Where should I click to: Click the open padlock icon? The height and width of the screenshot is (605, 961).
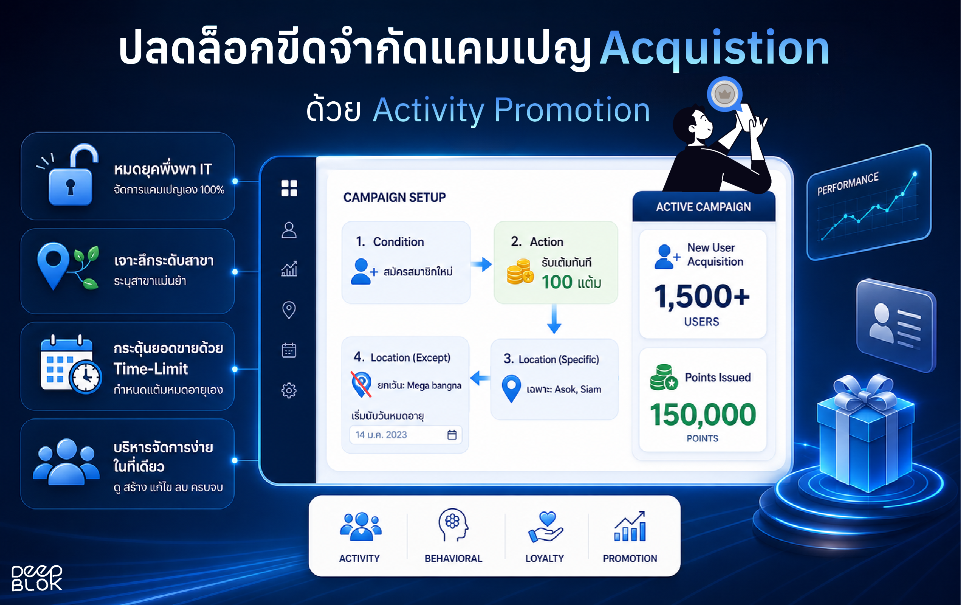tap(71, 176)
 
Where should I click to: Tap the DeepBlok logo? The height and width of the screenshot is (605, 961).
tap(37, 577)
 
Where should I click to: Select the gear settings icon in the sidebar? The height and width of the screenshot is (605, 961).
tap(289, 390)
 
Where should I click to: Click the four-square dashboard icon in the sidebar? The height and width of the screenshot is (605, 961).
tap(289, 188)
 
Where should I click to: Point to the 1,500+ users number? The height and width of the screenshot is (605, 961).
tap(702, 296)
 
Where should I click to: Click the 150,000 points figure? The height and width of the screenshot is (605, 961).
tap(703, 414)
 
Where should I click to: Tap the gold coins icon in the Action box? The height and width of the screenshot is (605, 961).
tap(520, 271)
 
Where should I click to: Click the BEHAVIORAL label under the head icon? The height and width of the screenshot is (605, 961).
tap(453, 558)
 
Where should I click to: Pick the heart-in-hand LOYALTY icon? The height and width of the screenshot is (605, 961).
tap(545, 527)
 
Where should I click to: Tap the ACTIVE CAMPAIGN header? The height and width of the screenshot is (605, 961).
tap(704, 207)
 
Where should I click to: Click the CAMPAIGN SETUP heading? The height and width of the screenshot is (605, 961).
tap(394, 197)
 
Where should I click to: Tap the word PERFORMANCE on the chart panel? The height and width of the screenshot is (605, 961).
tap(848, 184)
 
